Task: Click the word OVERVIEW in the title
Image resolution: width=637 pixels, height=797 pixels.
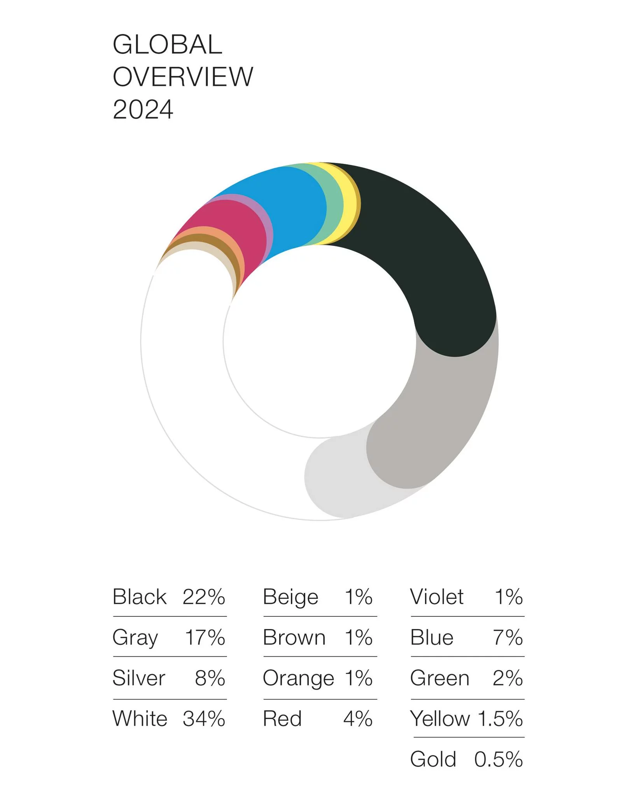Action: tap(183, 77)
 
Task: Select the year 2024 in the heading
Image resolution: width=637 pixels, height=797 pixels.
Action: tap(143, 109)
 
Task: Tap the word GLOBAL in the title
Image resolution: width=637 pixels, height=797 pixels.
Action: tap(167, 44)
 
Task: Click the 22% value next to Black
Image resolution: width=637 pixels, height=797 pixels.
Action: tap(204, 597)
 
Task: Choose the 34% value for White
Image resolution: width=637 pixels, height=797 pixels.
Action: tap(204, 718)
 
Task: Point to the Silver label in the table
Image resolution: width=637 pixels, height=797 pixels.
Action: tap(139, 678)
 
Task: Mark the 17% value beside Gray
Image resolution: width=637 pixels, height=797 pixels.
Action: tap(205, 637)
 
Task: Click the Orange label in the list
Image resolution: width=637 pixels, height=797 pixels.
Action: tap(298, 678)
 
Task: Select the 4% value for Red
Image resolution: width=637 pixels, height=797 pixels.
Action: tap(358, 718)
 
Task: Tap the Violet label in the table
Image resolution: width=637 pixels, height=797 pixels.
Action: tap(437, 597)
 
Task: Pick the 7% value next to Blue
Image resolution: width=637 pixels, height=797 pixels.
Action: tap(508, 637)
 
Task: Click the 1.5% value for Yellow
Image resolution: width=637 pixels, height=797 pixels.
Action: tap(500, 718)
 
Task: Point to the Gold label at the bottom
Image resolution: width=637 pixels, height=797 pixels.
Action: tap(433, 758)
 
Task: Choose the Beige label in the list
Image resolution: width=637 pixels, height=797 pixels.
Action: tap(290, 597)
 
